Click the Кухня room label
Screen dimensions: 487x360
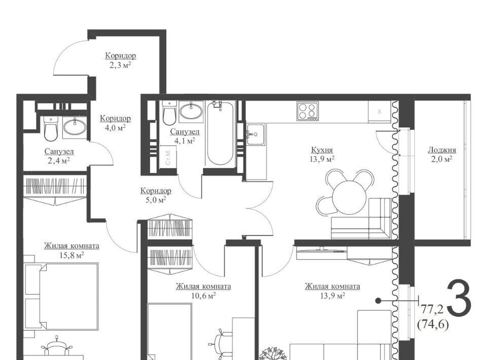(x=322, y=150)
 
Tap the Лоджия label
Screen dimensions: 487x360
(x=442, y=150)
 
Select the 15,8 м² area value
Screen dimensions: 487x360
(x=72, y=256)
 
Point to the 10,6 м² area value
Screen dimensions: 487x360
(x=203, y=296)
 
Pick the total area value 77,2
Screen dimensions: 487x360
(x=431, y=309)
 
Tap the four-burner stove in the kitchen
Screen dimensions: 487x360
(x=307, y=111)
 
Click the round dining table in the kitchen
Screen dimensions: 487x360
(x=349, y=197)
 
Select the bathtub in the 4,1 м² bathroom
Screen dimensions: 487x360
(x=220, y=133)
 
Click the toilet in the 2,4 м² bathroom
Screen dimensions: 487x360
(x=51, y=128)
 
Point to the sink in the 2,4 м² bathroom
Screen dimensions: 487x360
(x=75, y=127)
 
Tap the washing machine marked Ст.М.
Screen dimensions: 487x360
(x=168, y=157)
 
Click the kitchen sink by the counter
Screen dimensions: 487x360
(x=256, y=134)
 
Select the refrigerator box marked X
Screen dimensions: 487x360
(x=379, y=112)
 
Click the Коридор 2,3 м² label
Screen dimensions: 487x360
(x=121, y=60)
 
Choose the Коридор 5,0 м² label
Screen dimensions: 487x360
(x=156, y=195)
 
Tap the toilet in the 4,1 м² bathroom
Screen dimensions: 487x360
(x=169, y=113)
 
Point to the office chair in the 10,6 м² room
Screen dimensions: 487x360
(x=222, y=344)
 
